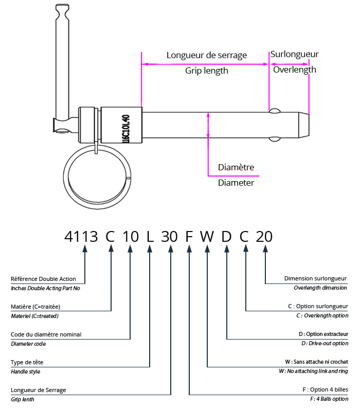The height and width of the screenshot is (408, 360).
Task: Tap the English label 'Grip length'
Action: pyautogui.click(x=206, y=71)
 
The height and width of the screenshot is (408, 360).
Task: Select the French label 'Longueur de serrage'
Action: pyautogui.click(x=207, y=55)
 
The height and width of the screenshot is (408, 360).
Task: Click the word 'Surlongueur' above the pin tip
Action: pyautogui.click(x=295, y=54)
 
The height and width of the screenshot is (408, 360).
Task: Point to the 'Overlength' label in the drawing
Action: pyautogui.click(x=294, y=69)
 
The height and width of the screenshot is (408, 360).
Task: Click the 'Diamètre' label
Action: pyautogui.click(x=236, y=167)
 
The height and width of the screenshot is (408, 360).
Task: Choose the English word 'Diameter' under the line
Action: pyautogui.click(x=236, y=183)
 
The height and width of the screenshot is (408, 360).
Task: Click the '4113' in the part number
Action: pyautogui.click(x=81, y=237)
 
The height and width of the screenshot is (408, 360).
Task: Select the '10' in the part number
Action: pyautogui.click(x=131, y=237)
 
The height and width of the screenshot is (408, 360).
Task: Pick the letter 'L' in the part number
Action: pyautogui.click(x=150, y=237)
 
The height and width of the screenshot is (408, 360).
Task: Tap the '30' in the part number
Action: pyautogui.click(x=169, y=237)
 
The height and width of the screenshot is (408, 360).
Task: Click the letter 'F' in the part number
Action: pyautogui.click(x=189, y=237)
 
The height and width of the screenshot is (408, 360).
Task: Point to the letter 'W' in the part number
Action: pyautogui.click(x=207, y=237)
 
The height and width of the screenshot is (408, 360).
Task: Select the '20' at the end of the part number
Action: pyautogui.click(x=264, y=237)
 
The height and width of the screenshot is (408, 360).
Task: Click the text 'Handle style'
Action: pyautogui.click(x=25, y=371)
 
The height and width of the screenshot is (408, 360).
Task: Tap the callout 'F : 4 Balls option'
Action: pyautogui.click(x=325, y=399)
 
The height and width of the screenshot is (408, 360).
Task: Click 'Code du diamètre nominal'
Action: pyautogui.click(x=46, y=334)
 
